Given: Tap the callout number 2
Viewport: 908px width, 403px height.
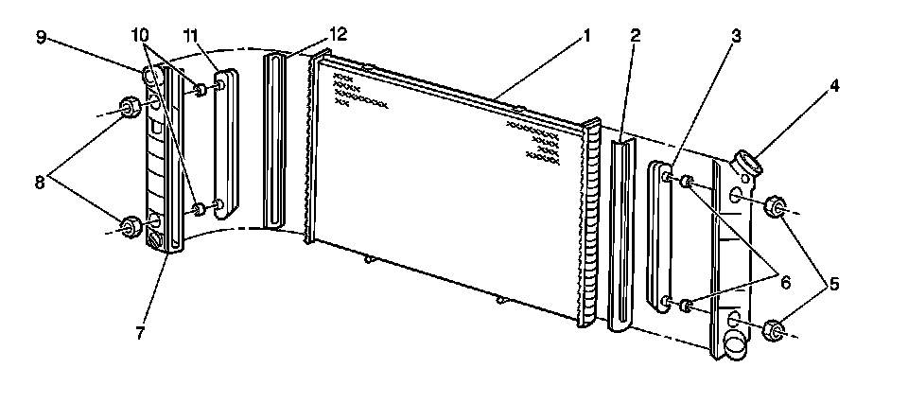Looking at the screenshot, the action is [x=636, y=36].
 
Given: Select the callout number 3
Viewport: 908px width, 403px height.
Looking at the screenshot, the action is [x=735, y=36].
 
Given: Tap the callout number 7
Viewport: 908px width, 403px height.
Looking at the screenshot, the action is [x=139, y=334].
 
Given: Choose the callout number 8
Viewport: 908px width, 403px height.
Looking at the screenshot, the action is [x=40, y=182].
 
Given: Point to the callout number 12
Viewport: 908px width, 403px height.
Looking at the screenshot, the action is [x=338, y=34].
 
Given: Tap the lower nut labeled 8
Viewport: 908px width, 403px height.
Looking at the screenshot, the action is [x=130, y=226].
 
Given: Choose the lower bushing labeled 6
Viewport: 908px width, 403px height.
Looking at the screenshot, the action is [x=689, y=305].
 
